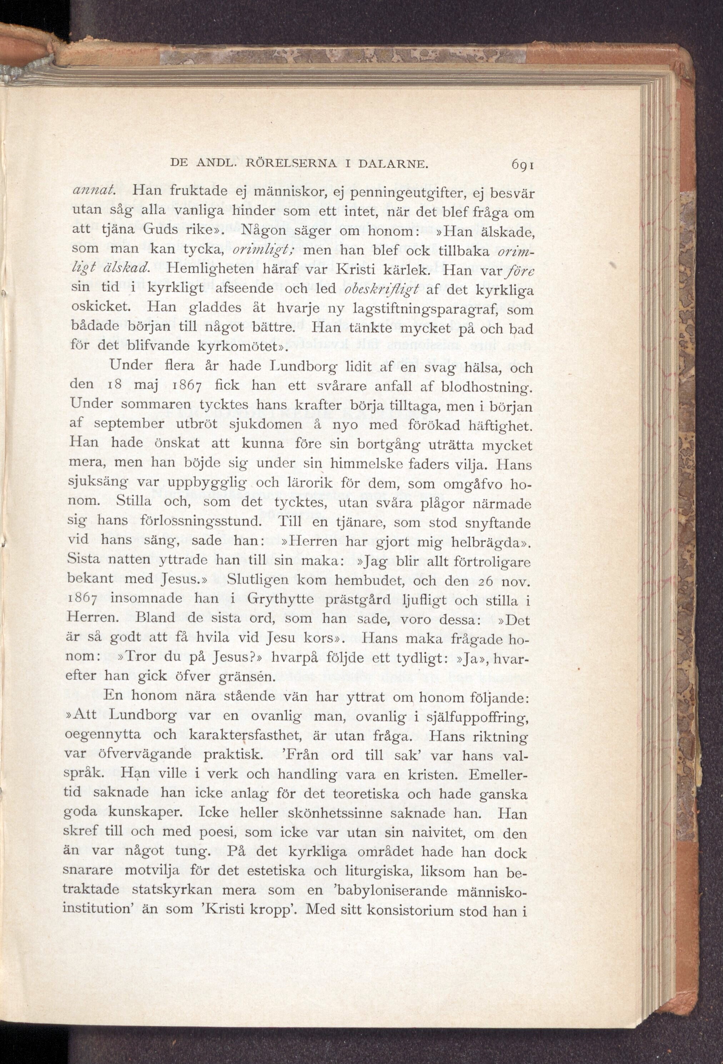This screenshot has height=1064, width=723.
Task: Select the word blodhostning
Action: click(x=487, y=387)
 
